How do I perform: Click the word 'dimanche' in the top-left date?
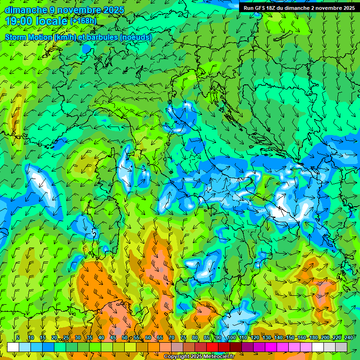[x=26, y=10]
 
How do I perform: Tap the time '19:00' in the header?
[x=20, y=21]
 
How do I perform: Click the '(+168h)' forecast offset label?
[x=84, y=21]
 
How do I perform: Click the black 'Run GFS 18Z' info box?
[x=299, y=8]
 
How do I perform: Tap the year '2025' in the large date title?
[x=112, y=10]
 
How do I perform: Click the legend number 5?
[x=18, y=338]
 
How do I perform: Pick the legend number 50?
[x=124, y=338]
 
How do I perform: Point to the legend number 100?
[x=231, y=338]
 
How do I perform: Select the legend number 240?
[x=348, y=338]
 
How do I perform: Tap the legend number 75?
[x=183, y=338]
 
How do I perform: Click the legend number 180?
[x=313, y=338]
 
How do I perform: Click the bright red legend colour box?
[x=212, y=347]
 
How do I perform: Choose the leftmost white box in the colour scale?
[x=13, y=347]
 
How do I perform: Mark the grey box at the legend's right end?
[x=341, y=347]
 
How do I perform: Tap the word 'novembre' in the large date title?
[x=75, y=10]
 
